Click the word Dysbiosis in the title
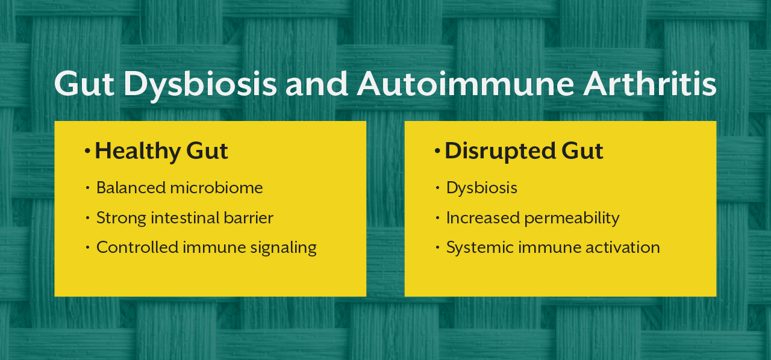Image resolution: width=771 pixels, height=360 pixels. click(x=200, y=84)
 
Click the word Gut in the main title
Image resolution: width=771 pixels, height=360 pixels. click(x=84, y=84)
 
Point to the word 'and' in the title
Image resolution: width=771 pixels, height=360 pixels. click(x=317, y=84)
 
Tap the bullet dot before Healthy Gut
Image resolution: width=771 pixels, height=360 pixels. click(x=88, y=151)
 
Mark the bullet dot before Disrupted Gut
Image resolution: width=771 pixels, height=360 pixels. click(x=438, y=151)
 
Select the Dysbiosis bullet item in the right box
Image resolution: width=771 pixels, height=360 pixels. click(x=481, y=188)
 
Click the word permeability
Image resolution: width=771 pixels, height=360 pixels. click(x=572, y=218)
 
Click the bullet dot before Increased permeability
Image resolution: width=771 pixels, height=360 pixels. click(x=438, y=218)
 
